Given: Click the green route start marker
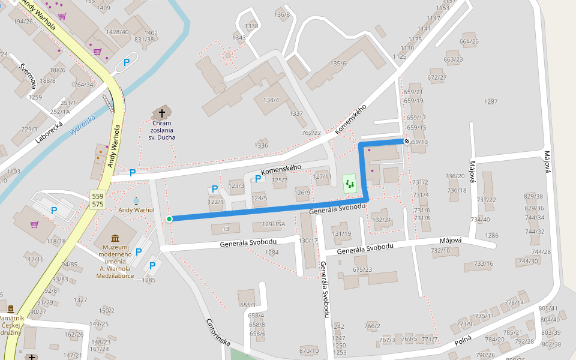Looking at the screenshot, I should pos(169,219).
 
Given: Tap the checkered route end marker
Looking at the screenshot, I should pos(407,141).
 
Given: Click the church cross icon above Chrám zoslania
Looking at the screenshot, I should pos(161,112).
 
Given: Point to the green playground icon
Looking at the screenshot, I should pos(349,184).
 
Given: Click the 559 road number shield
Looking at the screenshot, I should pos(98,196).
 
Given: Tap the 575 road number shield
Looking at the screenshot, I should pos(98,205).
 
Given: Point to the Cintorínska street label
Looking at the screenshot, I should pos(218,331).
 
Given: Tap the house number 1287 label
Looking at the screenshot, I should pos(491,101).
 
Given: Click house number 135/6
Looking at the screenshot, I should pos(338,64).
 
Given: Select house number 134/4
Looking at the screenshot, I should pos(271,100).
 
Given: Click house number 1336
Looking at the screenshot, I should pos(261,145).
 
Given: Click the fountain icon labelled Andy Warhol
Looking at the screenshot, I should pos(136,200).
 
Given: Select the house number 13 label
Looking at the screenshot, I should pos(226,229).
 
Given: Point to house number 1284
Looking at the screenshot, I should pos(272,253).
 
